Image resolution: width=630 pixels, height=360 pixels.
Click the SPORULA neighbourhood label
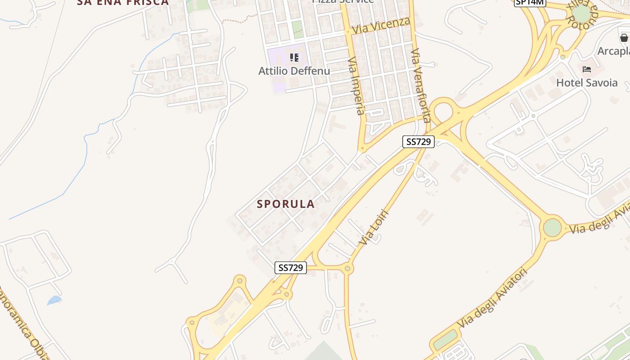(286, 204)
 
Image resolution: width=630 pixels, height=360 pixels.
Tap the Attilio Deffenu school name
(294, 71)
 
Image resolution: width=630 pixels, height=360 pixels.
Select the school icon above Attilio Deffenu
(294, 58)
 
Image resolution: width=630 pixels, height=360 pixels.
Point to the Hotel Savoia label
(587, 83)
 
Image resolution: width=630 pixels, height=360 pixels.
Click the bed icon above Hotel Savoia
(587, 69)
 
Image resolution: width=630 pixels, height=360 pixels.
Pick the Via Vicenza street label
(381, 25)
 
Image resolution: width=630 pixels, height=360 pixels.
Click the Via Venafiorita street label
(421, 85)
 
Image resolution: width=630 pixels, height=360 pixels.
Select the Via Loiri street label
(373, 227)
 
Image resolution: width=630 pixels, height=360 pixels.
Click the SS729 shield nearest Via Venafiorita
(418, 142)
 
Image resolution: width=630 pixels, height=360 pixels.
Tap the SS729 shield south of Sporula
(291, 268)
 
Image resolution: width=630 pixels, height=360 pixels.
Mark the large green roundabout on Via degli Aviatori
(552, 227)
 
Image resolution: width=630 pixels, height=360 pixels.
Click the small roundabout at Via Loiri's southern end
(347, 269)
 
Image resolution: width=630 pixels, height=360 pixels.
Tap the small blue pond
(54, 300)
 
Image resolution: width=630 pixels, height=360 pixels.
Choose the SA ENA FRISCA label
(122, 2)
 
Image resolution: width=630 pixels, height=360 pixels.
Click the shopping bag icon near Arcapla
(624, 38)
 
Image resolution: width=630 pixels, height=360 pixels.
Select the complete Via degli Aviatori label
(492, 299)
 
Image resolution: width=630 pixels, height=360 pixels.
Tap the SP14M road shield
(530, 2)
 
